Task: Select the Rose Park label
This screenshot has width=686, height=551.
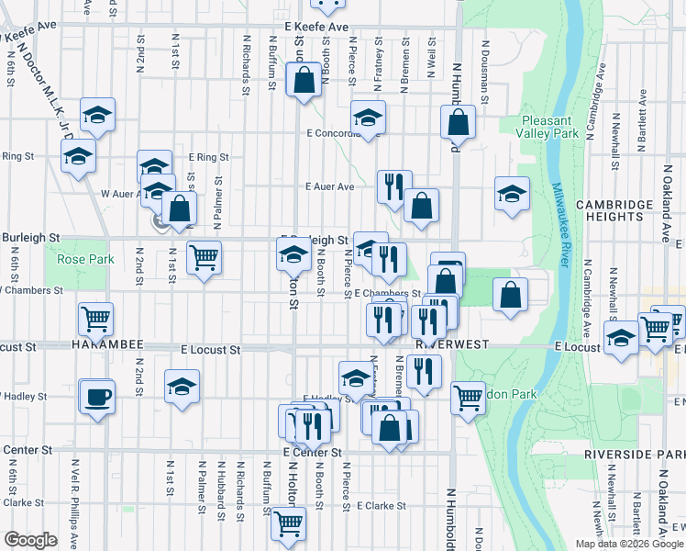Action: tap(85, 260)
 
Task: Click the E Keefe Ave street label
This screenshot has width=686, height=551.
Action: tap(316, 28)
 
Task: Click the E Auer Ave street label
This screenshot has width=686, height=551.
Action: tap(329, 186)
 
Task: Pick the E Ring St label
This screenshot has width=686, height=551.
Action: tap(208, 157)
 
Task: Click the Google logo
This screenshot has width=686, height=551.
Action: tap(30, 540)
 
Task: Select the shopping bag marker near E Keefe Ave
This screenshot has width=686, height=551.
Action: tap(303, 81)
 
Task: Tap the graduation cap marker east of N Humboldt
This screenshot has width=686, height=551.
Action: tap(512, 194)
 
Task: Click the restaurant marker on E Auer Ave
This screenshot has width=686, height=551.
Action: tap(394, 187)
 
